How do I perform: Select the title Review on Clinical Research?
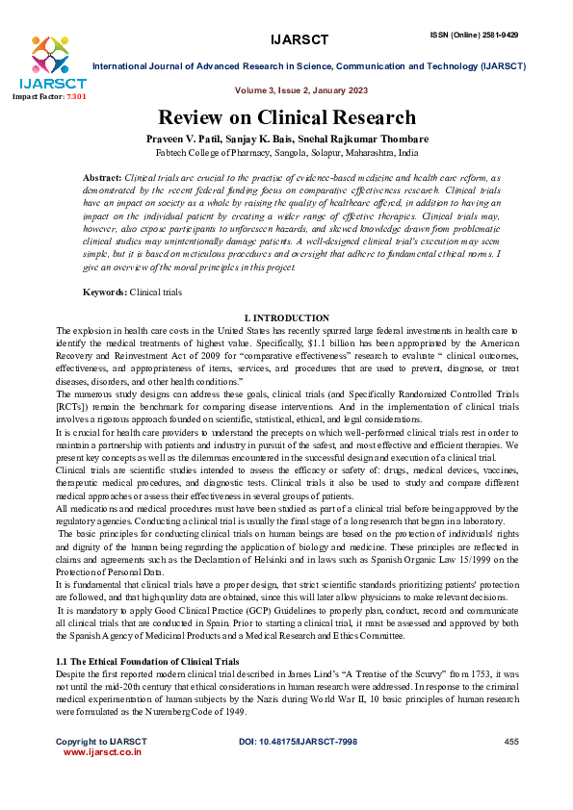(287, 117)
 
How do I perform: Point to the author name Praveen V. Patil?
(224, 139)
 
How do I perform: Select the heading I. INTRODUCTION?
(287, 318)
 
